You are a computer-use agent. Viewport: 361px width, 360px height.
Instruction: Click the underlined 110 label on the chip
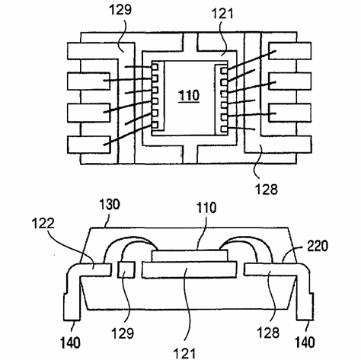click(x=189, y=96)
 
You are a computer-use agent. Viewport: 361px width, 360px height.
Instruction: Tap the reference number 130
click(x=109, y=205)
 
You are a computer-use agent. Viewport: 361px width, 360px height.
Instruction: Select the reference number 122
click(x=43, y=224)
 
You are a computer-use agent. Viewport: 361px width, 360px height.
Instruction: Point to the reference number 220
click(x=318, y=246)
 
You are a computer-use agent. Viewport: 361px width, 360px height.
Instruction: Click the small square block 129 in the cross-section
click(x=126, y=270)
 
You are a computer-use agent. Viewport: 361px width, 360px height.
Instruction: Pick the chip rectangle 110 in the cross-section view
click(x=190, y=256)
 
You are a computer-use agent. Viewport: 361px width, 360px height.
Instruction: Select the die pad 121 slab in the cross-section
click(x=190, y=270)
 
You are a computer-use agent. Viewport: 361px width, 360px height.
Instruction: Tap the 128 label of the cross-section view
click(x=268, y=332)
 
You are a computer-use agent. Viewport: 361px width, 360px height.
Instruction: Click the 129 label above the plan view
click(x=120, y=10)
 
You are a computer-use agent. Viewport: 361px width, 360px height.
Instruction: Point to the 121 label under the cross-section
click(x=184, y=353)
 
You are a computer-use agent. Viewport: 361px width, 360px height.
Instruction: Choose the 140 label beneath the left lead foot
click(x=70, y=342)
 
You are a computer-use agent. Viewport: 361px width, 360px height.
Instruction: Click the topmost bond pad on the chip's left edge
click(x=155, y=67)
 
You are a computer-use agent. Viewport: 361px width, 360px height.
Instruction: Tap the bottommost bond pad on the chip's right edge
click(x=224, y=129)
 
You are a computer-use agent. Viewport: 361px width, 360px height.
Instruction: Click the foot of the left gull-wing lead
click(x=72, y=307)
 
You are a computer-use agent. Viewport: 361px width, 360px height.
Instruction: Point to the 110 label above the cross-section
click(x=206, y=208)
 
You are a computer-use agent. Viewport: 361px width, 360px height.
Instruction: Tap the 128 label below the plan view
click(x=266, y=189)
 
